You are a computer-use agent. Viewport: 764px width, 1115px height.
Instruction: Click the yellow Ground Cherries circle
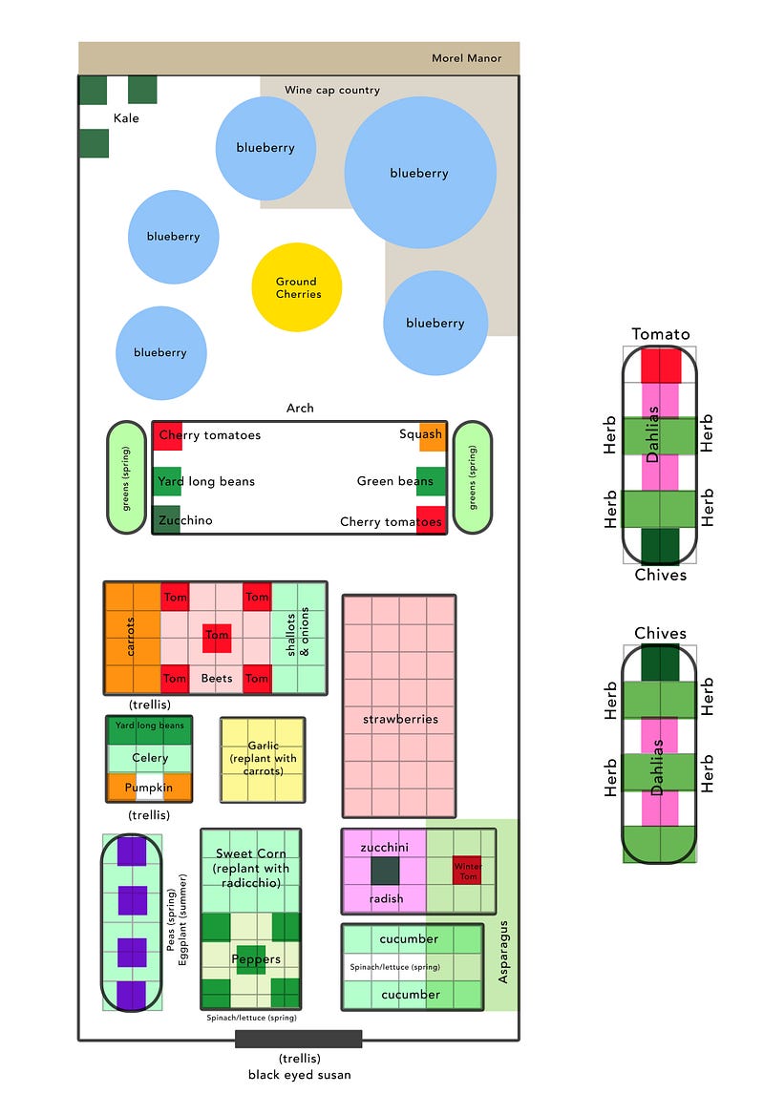click(296, 287)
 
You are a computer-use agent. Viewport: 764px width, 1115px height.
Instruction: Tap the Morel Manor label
click(466, 58)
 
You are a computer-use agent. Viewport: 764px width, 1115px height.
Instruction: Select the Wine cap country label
click(331, 90)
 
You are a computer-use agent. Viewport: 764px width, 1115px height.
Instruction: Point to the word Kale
click(126, 117)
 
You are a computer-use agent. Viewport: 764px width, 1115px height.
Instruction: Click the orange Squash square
click(433, 435)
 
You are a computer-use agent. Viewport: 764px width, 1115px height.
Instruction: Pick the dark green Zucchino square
click(166, 520)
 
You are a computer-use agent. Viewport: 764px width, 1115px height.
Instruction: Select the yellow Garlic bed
click(263, 759)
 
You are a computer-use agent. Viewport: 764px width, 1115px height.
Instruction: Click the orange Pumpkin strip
click(149, 789)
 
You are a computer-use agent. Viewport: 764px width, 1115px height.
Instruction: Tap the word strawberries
click(400, 718)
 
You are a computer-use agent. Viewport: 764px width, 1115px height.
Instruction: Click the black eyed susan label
click(299, 1075)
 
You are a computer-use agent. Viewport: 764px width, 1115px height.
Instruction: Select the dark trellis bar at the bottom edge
click(299, 1039)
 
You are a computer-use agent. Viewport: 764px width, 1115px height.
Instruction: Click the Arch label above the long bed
click(300, 408)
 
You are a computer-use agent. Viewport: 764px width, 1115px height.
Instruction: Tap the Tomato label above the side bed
click(660, 334)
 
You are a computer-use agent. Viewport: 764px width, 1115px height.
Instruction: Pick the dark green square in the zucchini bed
click(384, 870)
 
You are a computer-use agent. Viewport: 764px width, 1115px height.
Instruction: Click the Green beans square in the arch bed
click(431, 481)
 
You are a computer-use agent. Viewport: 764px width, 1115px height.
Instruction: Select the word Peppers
click(257, 958)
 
